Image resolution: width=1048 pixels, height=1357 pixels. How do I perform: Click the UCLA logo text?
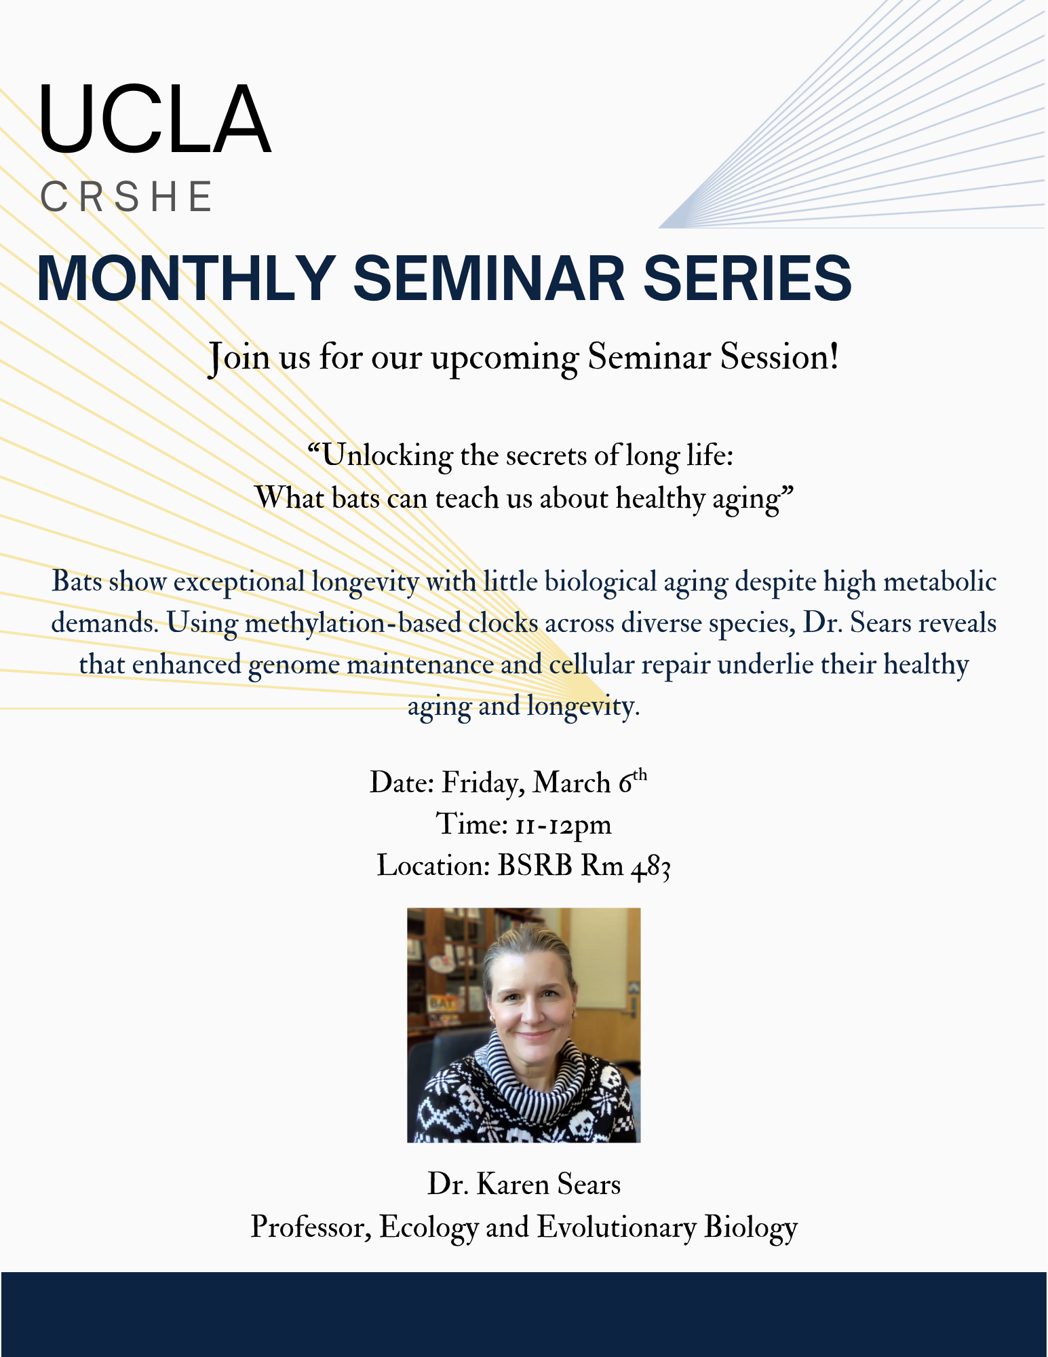point(155,120)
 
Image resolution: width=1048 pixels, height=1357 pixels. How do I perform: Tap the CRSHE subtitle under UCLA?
point(127,197)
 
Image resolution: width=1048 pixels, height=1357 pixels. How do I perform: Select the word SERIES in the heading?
point(747,278)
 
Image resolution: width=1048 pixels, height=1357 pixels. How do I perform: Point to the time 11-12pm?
point(563,825)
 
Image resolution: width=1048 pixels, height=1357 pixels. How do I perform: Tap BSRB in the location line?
point(535,866)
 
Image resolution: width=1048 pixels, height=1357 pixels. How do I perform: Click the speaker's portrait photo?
point(524,1025)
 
